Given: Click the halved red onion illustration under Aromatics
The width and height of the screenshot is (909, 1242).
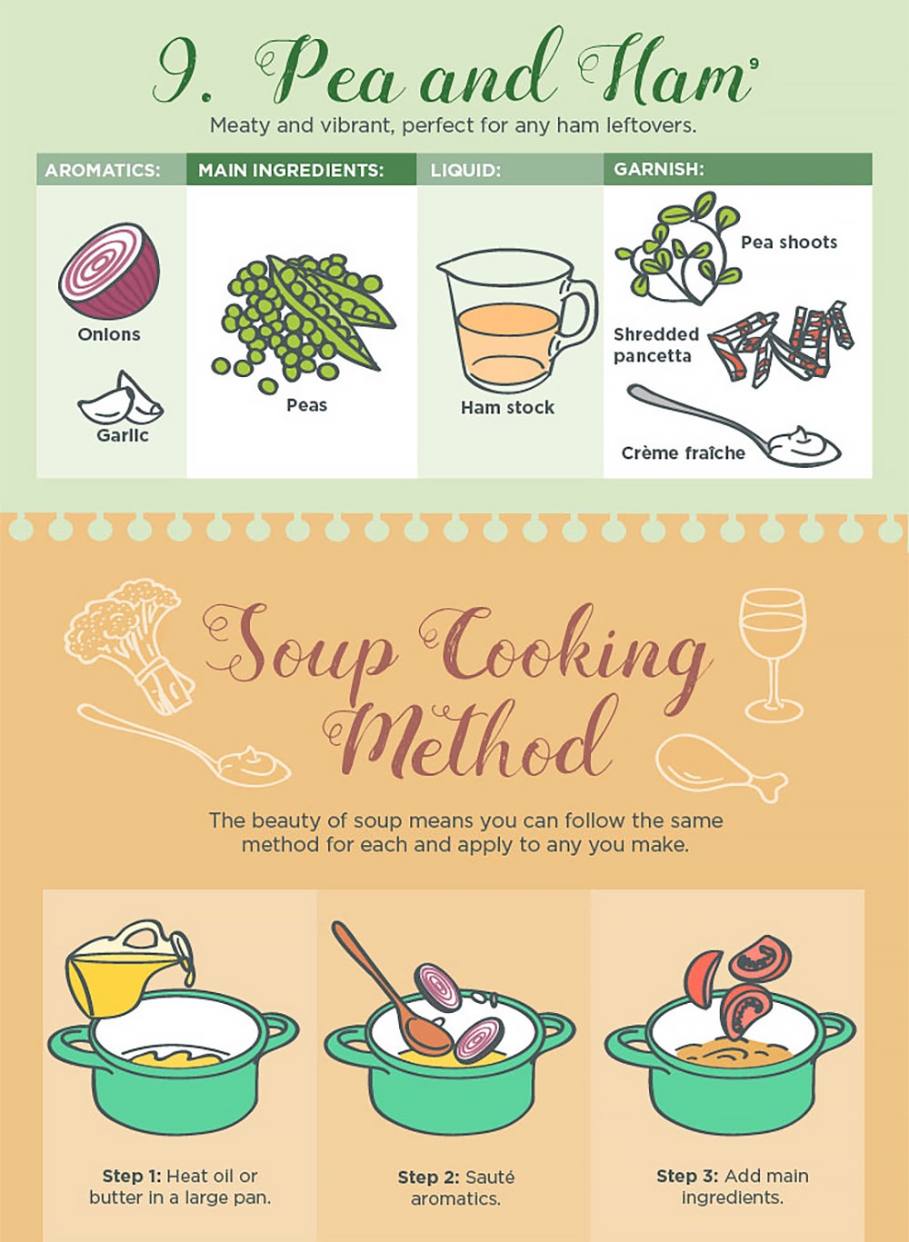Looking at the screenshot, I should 109,272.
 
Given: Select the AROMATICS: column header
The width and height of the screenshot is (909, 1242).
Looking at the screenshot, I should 103,170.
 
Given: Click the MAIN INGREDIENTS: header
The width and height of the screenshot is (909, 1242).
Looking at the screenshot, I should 291,170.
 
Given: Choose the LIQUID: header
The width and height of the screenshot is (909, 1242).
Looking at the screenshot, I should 465,170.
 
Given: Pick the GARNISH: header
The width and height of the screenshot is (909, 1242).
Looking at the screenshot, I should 659,169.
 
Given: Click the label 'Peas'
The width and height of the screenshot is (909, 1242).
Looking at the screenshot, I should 306,405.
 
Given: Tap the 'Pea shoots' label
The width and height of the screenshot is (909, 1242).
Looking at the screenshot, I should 788,243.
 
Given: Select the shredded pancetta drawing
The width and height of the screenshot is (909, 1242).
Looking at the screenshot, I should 782,343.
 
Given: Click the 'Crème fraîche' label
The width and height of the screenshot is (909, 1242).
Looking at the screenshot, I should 683,452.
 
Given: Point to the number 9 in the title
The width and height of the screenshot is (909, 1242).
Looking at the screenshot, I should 181,73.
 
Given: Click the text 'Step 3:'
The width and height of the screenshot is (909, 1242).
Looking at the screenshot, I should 687,1176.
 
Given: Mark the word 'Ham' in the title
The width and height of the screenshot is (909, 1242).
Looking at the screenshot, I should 664,73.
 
